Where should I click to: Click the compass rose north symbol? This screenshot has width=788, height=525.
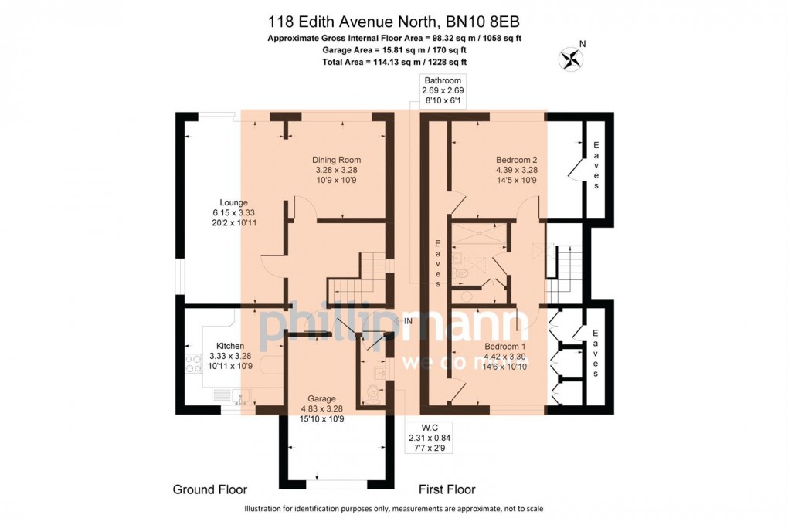coord(572,59)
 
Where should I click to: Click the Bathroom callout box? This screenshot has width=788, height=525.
coord(442,91)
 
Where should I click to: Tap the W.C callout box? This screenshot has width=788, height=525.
coord(430,438)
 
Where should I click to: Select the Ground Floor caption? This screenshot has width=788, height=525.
coord(210,489)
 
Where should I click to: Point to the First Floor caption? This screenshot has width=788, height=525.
coord(447,489)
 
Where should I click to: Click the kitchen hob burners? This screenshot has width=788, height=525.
coord(193,364)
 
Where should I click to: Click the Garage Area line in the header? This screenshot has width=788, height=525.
coord(395,49)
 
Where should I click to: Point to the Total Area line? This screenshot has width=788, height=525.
coord(395,62)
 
